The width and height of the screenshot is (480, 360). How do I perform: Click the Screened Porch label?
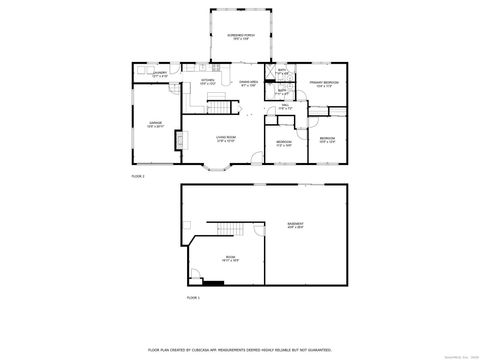(x=237, y=37)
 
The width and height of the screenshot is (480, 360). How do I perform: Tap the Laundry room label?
(x=159, y=73)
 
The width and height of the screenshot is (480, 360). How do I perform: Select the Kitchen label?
(x=207, y=82)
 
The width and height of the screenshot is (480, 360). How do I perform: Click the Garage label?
(x=155, y=125)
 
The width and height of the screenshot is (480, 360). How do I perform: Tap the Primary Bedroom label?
(x=323, y=84)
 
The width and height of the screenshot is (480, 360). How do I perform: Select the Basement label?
(x=296, y=225)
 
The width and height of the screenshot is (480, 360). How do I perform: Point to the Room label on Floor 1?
(x=229, y=258)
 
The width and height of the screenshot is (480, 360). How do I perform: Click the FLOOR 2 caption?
(x=138, y=176)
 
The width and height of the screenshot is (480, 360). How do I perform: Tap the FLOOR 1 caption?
(x=193, y=297)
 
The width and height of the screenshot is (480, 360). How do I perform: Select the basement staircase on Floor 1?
(x=232, y=231)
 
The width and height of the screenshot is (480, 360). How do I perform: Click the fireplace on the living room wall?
(x=180, y=139)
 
